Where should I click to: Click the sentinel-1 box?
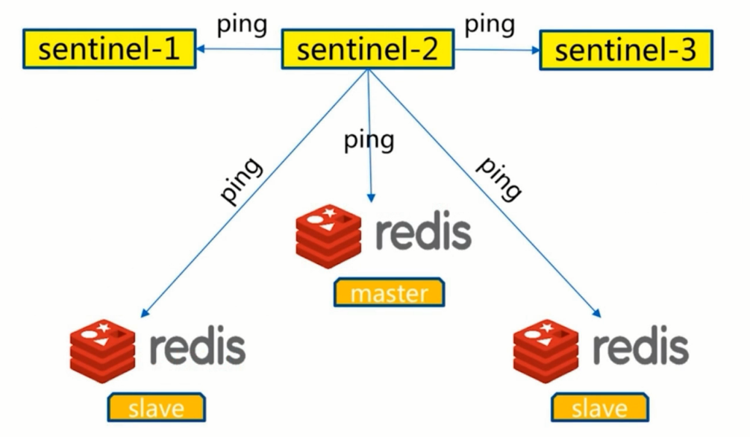point(109,49)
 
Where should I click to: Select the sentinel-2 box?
point(367,49)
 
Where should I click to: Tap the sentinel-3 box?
point(625,50)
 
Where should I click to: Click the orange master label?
point(389,292)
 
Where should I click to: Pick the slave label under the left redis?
point(156,407)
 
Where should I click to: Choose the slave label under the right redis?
point(600,407)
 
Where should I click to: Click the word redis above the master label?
point(422,233)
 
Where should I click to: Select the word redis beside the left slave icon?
point(197,348)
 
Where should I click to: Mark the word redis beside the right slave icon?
point(641,348)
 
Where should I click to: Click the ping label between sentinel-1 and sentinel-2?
point(241,25)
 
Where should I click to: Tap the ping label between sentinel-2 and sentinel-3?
point(490,25)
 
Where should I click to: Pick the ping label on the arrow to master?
point(369,140)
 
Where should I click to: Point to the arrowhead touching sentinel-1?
point(202,50)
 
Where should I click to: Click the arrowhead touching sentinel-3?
point(534,50)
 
